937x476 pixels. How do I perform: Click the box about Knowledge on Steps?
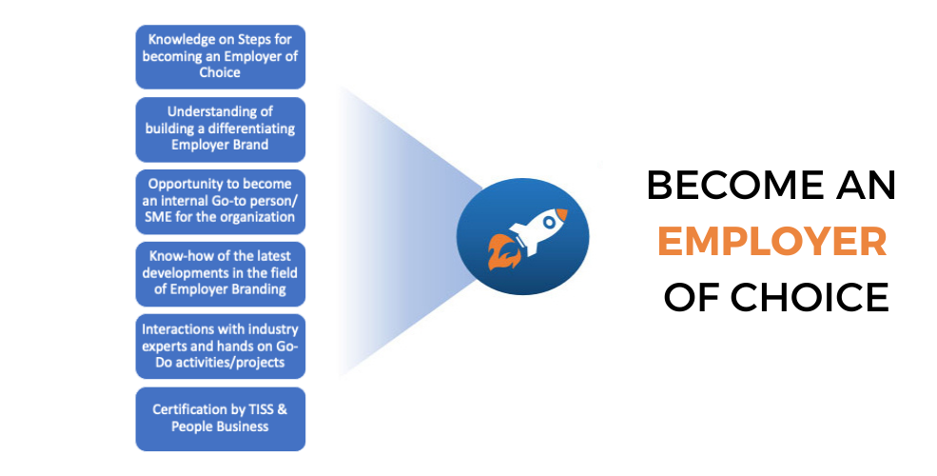(221, 57)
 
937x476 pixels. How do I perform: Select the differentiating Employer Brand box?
(221, 129)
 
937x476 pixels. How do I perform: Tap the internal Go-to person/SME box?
(221, 202)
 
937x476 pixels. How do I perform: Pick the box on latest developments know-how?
(221, 274)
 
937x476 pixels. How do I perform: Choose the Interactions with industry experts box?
(221, 347)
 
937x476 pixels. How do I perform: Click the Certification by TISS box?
(221, 419)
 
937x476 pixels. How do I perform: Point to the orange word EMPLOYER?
(772, 241)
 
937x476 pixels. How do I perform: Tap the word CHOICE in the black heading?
(810, 297)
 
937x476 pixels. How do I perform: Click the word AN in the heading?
(867, 185)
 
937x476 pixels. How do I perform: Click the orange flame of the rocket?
(500, 251)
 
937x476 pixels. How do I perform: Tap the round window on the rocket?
(548, 223)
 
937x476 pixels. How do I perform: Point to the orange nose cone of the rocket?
(561, 215)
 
